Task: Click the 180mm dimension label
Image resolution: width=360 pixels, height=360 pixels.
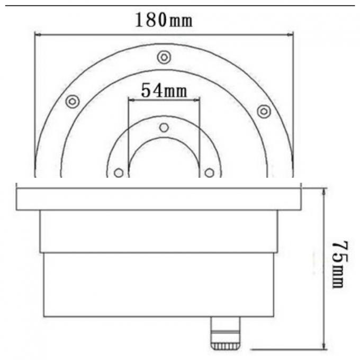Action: pos(164,21)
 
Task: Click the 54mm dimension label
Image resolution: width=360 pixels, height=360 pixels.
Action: pos(164,91)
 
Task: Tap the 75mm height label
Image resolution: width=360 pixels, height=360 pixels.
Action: pos(339,265)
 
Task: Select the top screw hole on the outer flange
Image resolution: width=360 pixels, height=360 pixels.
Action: pos(164,56)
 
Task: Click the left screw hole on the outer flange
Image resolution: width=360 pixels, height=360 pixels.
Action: pos(73,101)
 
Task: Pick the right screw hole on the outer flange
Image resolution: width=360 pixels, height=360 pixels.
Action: pos(264,111)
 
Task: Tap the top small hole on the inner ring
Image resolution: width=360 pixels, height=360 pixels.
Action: pos(164,128)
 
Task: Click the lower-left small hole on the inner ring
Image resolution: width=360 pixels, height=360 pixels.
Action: pos(119,173)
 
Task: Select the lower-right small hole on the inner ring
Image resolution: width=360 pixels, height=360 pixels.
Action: pos(209,173)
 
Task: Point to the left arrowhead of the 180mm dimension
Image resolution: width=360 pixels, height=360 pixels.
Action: pos(37,35)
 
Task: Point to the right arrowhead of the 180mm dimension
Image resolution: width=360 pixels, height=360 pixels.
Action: pos(291,35)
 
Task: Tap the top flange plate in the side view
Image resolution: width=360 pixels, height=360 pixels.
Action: pos(159,199)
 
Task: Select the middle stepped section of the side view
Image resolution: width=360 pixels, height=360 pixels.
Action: pos(159,231)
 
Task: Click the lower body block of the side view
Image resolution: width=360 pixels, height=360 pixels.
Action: pos(159,284)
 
